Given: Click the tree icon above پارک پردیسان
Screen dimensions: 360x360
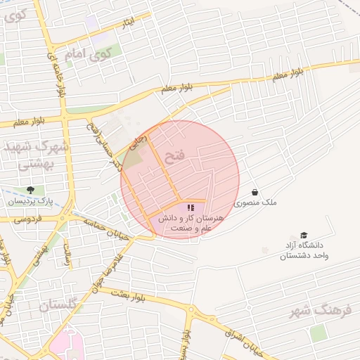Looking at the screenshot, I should (30, 190).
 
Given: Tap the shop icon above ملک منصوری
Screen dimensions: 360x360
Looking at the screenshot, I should (255, 192).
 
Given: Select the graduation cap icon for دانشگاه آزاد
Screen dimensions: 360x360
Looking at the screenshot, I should (304, 236).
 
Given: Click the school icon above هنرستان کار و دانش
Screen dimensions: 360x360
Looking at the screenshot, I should (190, 208).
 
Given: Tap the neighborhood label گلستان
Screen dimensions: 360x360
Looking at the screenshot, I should (62, 306).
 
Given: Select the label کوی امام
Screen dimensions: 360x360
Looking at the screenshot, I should (88, 53).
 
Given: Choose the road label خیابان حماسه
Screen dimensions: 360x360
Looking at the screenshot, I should (105, 229).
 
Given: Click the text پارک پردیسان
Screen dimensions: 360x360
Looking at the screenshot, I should (32, 201).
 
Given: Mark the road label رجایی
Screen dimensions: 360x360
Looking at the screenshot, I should (142, 142).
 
